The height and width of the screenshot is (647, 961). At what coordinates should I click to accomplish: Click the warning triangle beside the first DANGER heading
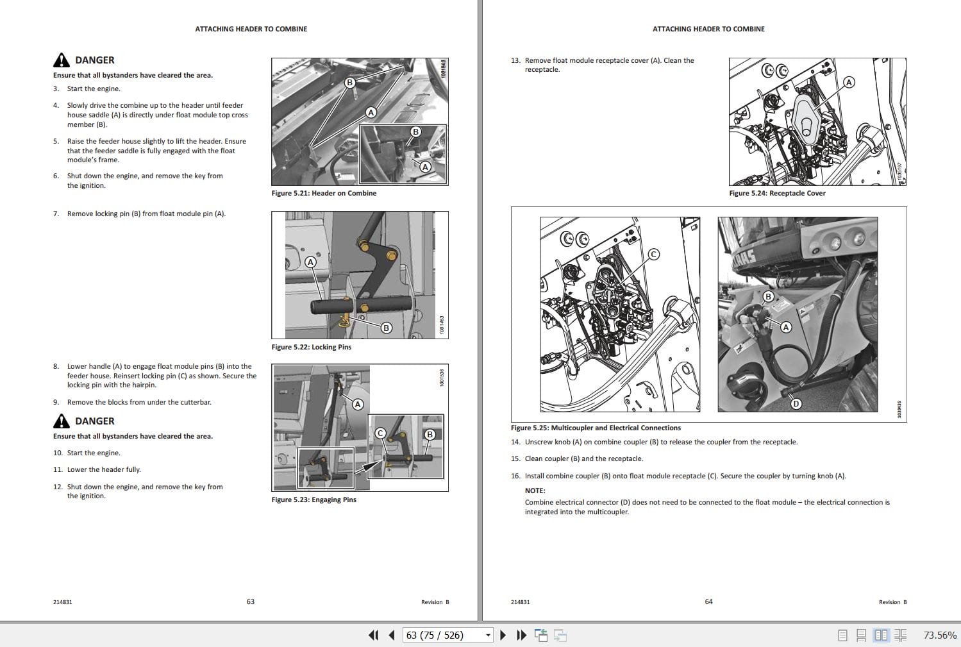tap(61, 60)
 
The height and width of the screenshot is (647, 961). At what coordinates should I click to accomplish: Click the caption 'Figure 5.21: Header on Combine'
tap(324, 193)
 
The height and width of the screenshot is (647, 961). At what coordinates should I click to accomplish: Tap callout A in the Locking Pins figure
tap(310, 262)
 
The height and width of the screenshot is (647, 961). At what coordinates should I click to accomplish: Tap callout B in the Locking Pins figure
tap(386, 328)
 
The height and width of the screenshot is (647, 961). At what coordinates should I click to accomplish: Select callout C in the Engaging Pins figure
tap(380, 433)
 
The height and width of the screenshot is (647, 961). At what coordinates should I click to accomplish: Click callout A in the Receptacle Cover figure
tap(849, 82)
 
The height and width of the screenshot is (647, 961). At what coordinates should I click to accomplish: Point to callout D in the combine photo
tap(796, 403)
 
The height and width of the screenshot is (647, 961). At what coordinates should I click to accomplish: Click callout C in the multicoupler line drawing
tap(653, 254)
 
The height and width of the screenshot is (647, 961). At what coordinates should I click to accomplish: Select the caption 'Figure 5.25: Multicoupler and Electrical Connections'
tap(596, 428)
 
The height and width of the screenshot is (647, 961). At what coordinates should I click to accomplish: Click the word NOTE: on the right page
tap(535, 491)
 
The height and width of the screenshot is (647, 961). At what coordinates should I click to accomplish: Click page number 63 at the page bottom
tap(251, 601)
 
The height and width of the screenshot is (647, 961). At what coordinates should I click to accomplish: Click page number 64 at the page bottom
tap(708, 601)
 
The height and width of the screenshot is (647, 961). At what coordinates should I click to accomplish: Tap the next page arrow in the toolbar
tap(503, 635)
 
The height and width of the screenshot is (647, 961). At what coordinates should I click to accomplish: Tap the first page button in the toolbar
tap(373, 635)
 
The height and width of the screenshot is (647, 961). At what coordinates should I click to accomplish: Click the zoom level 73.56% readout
tap(939, 635)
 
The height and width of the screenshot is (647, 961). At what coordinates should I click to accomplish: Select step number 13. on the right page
tap(515, 60)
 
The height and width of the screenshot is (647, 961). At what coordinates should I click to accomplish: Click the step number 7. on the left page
tap(56, 214)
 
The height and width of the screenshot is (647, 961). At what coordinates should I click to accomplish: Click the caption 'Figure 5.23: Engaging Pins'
tap(313, 500)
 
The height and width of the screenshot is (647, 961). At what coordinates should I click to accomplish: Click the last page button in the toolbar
tap(521, 635)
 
